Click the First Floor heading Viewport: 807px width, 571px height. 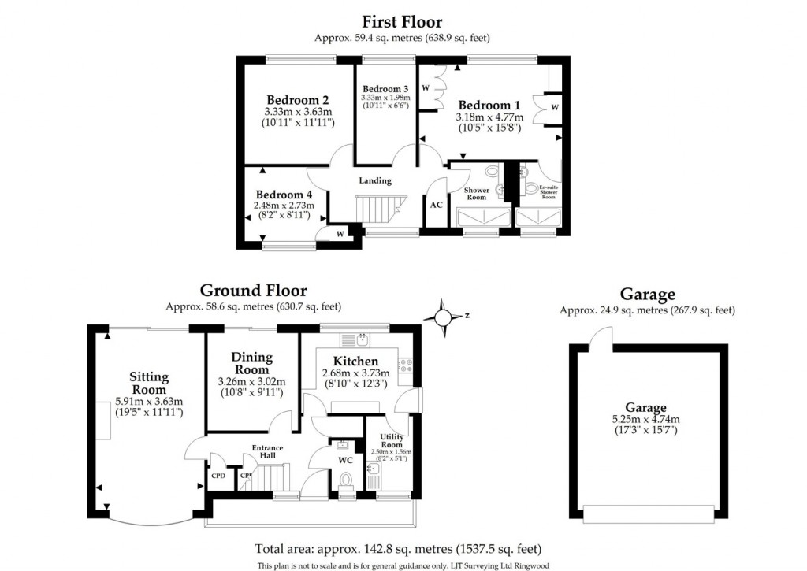(402, 22)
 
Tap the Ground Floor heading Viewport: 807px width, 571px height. (253, 291)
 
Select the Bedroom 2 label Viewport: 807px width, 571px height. (297, 100)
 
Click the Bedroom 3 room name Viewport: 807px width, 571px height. (385, 88)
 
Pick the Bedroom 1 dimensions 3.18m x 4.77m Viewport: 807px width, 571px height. (489, 117)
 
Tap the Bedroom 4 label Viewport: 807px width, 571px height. (284, 195)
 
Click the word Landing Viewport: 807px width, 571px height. (375, 180)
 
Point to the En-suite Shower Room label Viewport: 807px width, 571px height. (548, 192)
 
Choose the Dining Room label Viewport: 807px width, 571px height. (252, 363)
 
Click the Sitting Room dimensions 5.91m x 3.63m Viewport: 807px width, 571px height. (149, 401)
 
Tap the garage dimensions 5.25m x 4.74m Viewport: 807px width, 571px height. (646, 419)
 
